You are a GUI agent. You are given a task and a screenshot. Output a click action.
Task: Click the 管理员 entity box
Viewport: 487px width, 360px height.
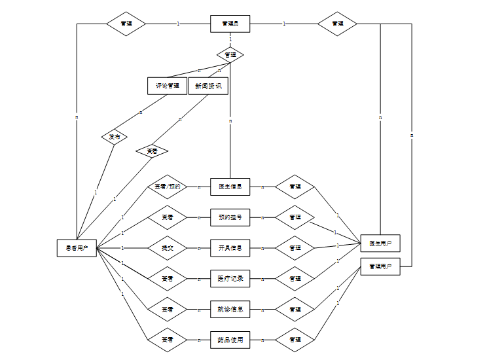coord(230,24)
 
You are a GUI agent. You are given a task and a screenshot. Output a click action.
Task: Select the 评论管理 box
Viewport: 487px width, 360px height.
coord(167,86)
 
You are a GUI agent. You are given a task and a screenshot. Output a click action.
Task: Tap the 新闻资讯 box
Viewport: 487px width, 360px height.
coord(208,86)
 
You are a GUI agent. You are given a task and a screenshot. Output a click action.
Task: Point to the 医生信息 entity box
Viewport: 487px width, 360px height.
coord(230,187)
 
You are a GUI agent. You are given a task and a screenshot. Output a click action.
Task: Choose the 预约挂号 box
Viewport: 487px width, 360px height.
coord(230,217)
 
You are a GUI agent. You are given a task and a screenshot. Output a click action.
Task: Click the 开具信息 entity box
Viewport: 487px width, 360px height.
coord(230,248)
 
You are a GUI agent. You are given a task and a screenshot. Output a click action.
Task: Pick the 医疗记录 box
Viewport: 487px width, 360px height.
coord(230,279)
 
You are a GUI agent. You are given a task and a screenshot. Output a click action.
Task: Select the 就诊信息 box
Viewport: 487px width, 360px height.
coord(230,310)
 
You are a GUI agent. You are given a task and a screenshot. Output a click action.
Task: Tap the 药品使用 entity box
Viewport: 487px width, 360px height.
coord(230,340)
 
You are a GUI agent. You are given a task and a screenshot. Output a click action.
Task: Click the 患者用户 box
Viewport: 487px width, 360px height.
coord(77,248)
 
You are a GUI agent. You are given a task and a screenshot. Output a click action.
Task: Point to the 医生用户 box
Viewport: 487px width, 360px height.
coord(380,243)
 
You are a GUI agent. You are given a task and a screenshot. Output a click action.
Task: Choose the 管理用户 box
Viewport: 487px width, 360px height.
coord(380,266)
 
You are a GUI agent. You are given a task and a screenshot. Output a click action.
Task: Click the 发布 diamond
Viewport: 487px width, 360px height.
coord(115,137)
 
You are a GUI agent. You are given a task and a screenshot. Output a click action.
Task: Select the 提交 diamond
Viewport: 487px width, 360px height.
coord(167,248)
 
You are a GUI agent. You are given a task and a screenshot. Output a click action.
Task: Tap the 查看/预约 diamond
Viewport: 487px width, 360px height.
coord(167,187)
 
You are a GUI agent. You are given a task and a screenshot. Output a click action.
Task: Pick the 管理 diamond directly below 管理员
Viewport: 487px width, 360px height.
coord(230,54)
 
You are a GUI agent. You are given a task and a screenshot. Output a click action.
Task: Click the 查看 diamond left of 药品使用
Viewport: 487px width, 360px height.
coord(167,340)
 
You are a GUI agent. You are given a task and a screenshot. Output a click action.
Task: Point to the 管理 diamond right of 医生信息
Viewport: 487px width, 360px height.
coord(295,187)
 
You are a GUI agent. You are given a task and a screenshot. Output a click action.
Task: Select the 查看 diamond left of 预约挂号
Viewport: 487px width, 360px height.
coord(167,217)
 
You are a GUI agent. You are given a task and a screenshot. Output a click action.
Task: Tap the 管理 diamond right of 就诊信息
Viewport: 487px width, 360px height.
coord(295,310)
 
